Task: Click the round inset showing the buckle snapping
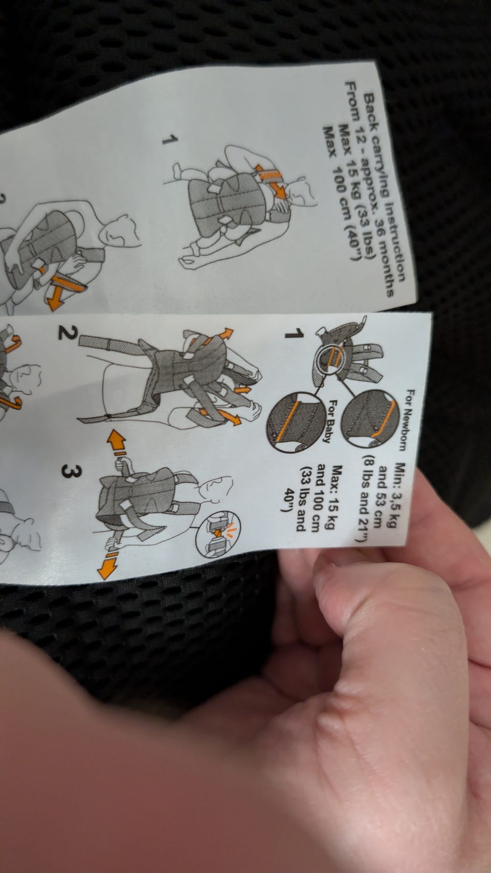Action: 218,533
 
